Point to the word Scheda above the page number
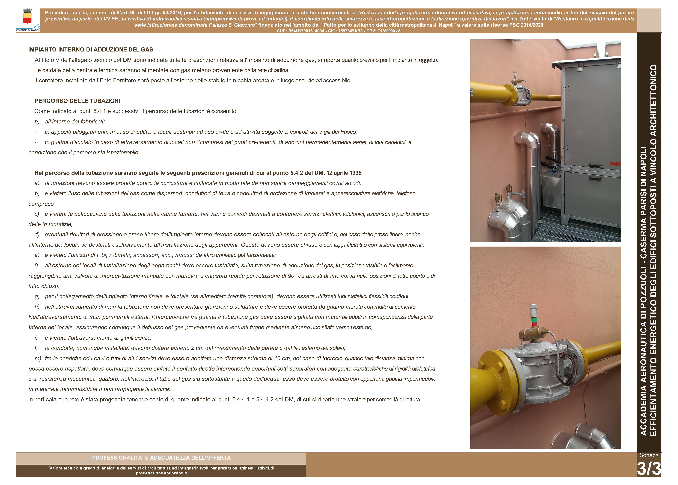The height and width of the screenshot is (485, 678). pyautogui.click(x=649, y=455)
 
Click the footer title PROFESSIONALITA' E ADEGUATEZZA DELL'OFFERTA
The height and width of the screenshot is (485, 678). pyautogui.click(x=161, y=458)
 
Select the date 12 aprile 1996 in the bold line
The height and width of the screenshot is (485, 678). pyautogui.click(x=344, y=173)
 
